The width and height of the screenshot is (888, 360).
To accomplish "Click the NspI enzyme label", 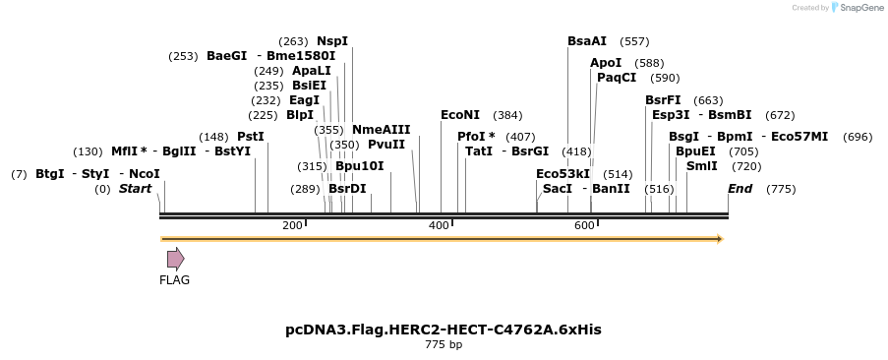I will pos(332,41).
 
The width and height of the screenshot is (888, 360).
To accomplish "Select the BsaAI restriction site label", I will pos(587,41).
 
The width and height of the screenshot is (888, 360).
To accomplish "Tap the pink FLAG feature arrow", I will pos(175,259).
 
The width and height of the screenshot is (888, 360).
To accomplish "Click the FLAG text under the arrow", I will pos(174,280).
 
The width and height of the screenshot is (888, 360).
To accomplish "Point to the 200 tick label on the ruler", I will pos(292,226).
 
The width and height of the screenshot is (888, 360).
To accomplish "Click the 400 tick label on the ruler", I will pos(439,226).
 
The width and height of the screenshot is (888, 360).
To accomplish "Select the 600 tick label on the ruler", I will pos(584,226).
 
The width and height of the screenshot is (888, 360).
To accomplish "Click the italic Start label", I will pos(135,189).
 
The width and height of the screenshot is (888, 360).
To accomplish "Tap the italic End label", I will pos(740,189).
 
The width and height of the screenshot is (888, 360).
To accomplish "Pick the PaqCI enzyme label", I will pos(617,78).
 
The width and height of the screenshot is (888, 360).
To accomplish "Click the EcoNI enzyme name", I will pos(460,115).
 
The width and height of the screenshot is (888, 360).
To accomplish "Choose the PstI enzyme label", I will pos(251,137).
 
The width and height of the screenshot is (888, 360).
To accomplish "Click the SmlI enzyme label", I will pos(702,166).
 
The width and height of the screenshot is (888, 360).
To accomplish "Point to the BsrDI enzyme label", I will pos(347,189).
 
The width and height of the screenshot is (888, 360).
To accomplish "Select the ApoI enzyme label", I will pos(606,63).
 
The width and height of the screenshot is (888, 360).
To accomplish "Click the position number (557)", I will pos(634,41).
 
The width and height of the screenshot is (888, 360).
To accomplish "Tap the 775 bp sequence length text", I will pos(444,345).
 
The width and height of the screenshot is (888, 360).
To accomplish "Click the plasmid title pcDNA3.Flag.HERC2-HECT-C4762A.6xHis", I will pos(444,330).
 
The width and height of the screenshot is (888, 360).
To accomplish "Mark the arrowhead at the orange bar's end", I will pos(720,239).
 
